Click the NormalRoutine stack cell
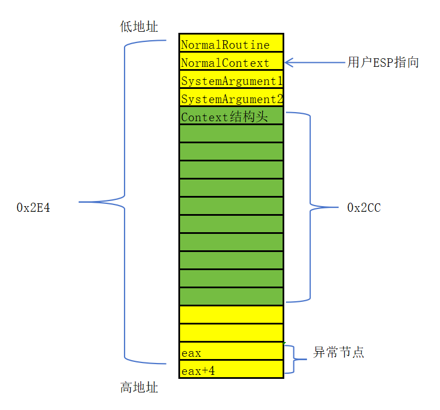point(231,44)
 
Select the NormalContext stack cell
point(231,62)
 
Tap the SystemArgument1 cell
point(231,80)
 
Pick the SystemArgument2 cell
point(231,98)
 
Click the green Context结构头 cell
point(231,116)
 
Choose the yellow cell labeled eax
point(231,352)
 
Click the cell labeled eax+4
point(231,370)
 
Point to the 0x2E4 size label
point(34,207)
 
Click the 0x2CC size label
point(364,208)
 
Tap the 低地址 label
point(139,27)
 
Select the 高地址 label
point(139,388)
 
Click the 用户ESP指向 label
point(383,62)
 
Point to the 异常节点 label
point(339,352)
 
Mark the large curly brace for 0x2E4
point(124,202)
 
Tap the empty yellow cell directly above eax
point(231,333)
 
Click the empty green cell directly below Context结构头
point(231,134)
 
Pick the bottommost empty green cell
point(231,296)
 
